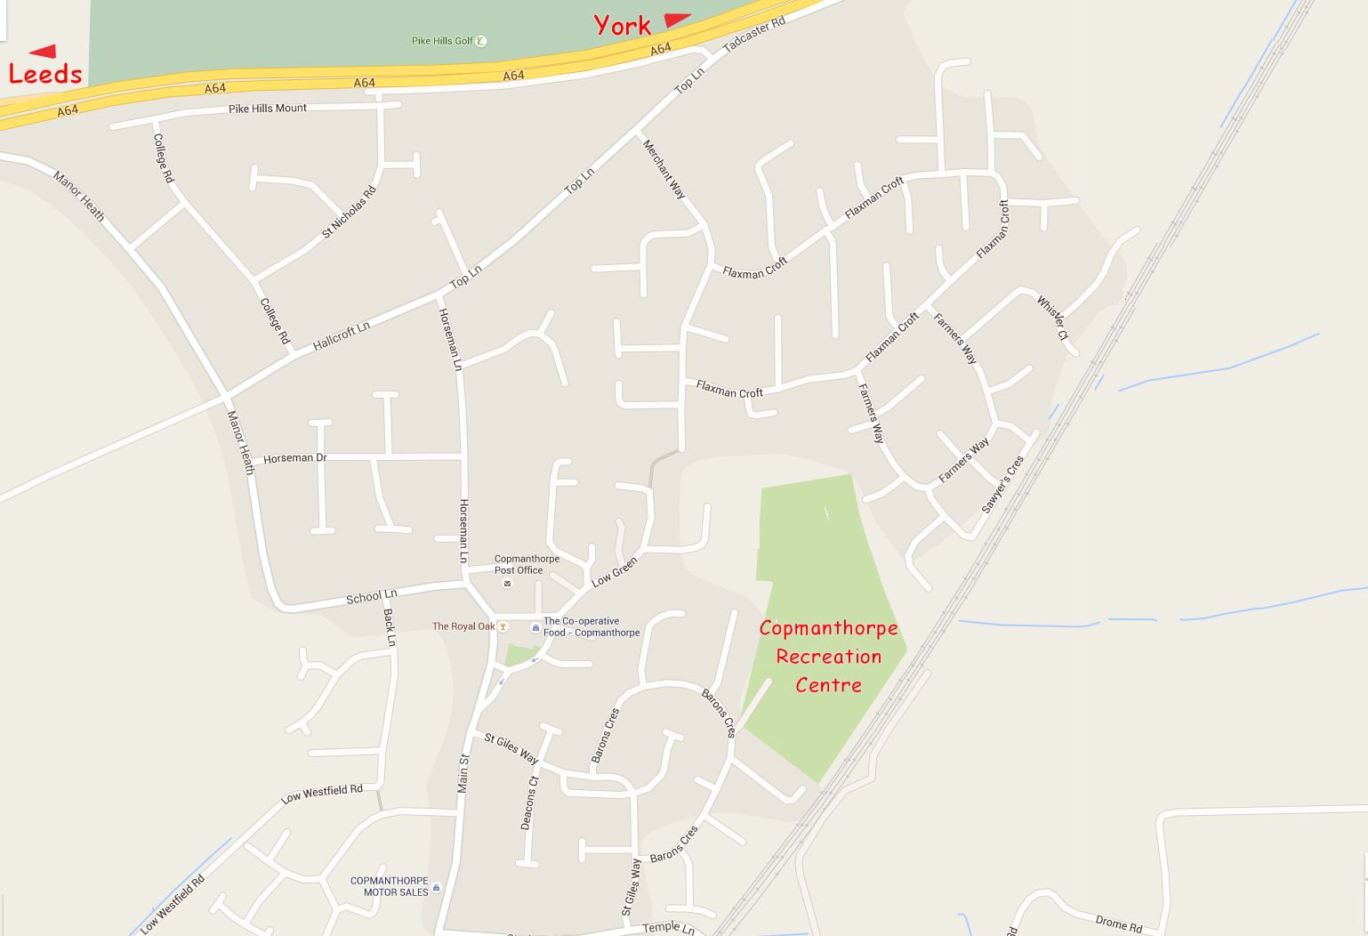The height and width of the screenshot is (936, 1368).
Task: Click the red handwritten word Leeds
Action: point(44,73)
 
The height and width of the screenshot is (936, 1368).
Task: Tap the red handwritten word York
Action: point(622,26)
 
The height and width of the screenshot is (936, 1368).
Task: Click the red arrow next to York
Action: point(677,20)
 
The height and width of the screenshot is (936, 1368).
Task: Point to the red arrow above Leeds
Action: point(43,51)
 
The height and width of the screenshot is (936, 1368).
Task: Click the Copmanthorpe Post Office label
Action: point(527,564)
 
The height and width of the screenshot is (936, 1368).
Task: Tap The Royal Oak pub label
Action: point(463,626)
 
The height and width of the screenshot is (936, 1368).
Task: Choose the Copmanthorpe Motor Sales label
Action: point(389,886)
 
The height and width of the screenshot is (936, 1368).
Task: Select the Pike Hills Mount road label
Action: point(267,109)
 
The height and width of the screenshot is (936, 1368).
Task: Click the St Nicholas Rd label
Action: point(349,212)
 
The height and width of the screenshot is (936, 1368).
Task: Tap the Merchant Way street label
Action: point(664,169)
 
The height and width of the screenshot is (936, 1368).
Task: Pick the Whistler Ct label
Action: point(1051,318)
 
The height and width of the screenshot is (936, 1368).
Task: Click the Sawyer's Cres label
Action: point(1002,484)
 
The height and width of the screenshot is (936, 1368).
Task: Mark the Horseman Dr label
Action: point(294,458)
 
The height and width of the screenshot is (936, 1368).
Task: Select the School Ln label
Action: point(371,596)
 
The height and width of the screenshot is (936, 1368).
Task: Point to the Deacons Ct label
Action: point(529,803)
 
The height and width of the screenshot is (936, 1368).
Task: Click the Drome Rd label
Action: point(1118,924)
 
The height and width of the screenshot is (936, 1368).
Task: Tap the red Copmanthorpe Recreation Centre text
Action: point(828,657)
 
